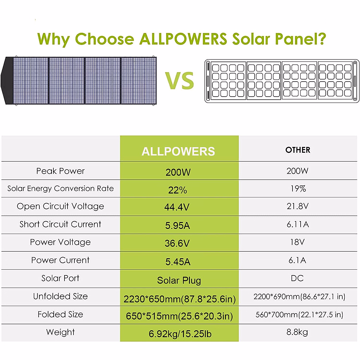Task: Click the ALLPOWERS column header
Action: pos(178,151)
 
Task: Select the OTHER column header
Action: pos(298,150)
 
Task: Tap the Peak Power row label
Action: pos(60,171)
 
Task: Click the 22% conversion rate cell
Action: pos(178,190)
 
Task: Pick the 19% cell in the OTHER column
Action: pos(298,189)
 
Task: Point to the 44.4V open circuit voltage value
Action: pos(177,207)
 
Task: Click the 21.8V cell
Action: pos(297,206)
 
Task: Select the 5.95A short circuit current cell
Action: pos(178,226)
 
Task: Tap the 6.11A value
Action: pos(298,224)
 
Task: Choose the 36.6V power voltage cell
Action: pos(177,243)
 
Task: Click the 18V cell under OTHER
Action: pos(297,242)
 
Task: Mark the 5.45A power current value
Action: pos(178,262)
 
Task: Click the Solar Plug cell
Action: pos(179,280)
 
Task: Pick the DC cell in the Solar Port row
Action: pos(297,278)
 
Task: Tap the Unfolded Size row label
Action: pos(60,296)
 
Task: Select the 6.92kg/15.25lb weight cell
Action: pos(180,334)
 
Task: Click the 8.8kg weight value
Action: pos(297,332)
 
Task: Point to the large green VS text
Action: pos(180,81)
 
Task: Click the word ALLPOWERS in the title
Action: pos(183,39)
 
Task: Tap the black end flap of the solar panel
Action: pos(7,80)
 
